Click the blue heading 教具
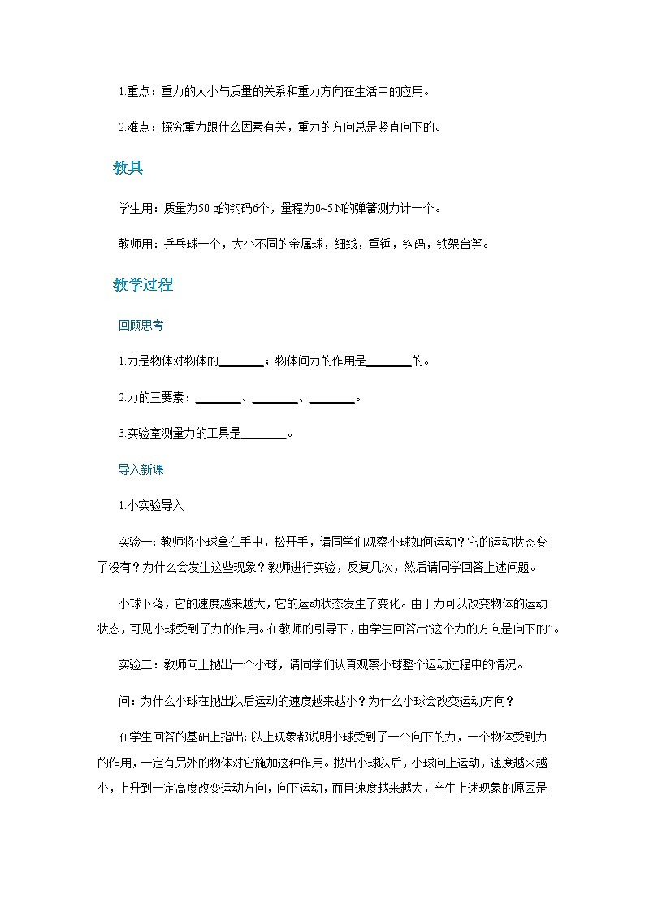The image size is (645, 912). coord(128,169)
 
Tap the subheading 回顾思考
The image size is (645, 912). coord(141,325)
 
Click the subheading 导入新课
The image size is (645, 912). coord(141,469)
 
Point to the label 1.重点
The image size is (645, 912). coord(134,92)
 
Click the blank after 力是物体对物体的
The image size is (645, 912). coord(241,361)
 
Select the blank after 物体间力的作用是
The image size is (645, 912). coord(389,361)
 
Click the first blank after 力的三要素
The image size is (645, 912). coord(219,398)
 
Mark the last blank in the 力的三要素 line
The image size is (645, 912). coord(332,398)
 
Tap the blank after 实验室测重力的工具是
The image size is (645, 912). coord(264,434)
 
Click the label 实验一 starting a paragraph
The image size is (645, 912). coord(135,542)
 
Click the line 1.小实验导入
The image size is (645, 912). coord(151,505)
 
